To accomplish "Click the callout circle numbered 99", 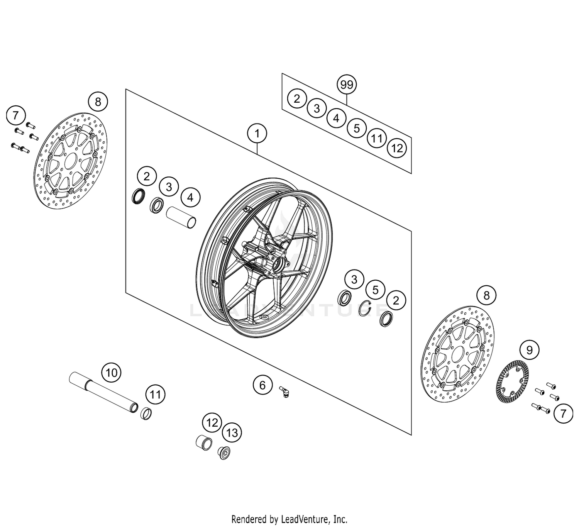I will [347, 84].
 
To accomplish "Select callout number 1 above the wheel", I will [257, 134].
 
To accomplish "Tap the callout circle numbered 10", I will [111, 373].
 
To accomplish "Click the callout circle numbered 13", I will [232, 432].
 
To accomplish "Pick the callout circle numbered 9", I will [529, 350].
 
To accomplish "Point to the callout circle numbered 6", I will [262, 385].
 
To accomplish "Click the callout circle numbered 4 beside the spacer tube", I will [190, 198].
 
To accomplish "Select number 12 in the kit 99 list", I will [397, 148].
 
